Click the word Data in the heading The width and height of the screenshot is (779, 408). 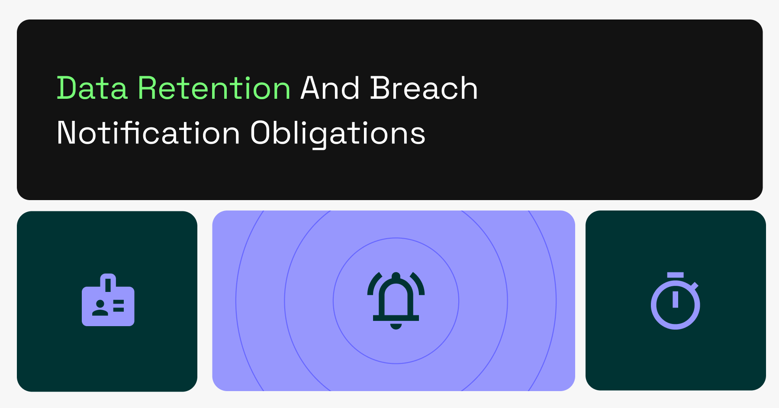[92, 88]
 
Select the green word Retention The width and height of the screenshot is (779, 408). [214, 88]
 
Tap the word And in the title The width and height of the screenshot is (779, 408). [330, 88]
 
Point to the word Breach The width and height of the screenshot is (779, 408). [424, 88]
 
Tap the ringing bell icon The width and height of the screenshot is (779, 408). [396, 301]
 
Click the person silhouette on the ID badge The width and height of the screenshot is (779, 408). [100, 308]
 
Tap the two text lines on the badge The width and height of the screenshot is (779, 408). [119, 306]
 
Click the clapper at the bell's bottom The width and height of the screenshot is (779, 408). [396, 326]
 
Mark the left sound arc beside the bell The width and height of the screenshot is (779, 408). [373, 284]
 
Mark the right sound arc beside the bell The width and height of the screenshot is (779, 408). [418, 284]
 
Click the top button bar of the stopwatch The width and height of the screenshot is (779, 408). [675, 275]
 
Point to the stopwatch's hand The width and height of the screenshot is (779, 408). [675, 299]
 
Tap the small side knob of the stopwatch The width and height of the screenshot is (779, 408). [695, 285]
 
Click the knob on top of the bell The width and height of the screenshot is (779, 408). [396, 275]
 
